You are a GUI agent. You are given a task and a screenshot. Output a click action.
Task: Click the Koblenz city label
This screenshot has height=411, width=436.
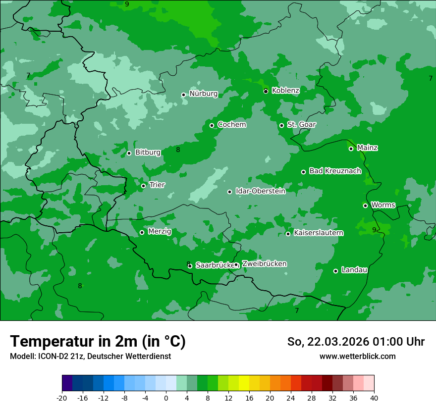[x=285, y=91]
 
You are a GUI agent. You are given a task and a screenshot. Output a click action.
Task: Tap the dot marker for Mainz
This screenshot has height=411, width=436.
[x=351, y=149]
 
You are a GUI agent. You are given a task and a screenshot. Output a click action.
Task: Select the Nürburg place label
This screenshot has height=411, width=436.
[x=203, y=94]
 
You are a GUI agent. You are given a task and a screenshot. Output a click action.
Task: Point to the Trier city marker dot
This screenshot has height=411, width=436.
[x=143, y=186]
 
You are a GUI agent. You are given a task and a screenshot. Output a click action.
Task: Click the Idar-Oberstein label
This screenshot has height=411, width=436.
[x=260, y=191]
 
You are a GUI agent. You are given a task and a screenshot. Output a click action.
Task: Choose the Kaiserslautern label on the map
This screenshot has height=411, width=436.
[x=318, y=233]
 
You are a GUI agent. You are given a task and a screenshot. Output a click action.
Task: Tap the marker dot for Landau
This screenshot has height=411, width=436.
[x=335, y=271]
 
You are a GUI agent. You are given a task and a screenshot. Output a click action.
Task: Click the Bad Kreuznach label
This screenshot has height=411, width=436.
[x=335, y=171]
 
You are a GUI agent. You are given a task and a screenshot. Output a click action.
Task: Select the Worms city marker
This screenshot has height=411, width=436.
[x=365, y=205]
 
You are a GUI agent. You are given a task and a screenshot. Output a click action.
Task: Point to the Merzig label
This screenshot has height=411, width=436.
[x=160, y=232]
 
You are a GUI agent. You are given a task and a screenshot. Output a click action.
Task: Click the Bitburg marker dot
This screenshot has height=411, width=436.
[x=129, y=153]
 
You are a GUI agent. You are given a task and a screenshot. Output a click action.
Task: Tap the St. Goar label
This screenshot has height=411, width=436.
[x=301, y=124]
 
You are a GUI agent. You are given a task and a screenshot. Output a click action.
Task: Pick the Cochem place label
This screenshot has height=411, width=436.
[x=231, y=124]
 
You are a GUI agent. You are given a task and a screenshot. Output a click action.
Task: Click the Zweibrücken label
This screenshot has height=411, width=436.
[x=264, y=264]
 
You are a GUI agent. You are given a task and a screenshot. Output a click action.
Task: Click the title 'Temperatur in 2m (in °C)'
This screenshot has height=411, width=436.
[x=98, y=341]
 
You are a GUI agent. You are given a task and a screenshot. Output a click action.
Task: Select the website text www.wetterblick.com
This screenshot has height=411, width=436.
[x=357, y=357]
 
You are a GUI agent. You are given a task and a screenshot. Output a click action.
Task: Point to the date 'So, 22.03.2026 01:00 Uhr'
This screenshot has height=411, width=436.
[x=356, y=342]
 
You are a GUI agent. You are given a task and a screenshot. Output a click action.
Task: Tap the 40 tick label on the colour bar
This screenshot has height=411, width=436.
[x=374, y=398]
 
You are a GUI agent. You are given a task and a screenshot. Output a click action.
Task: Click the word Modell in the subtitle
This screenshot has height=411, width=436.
[x=21, y=357]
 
